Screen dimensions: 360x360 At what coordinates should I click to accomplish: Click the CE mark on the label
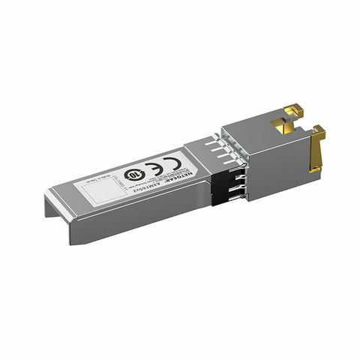[x=156, y=165]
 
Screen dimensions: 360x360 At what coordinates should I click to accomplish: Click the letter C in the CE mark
[x=151, y=166]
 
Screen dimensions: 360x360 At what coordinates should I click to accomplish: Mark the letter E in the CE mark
[x=162, y=162]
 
